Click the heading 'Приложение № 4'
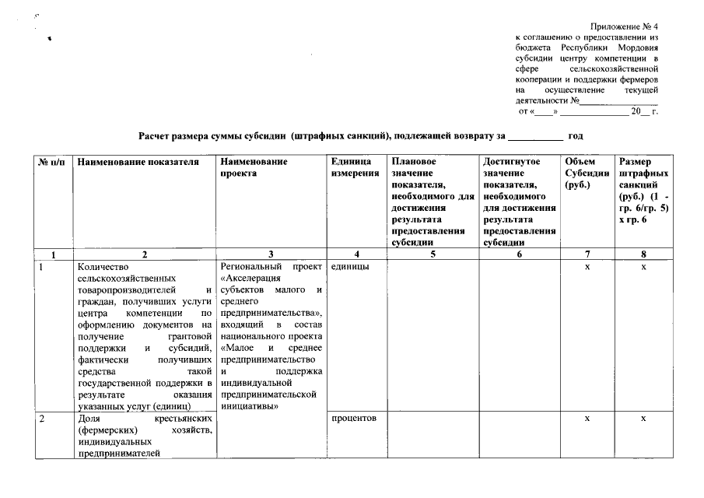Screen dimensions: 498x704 [624, 26]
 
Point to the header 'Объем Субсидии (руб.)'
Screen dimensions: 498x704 [587, 173]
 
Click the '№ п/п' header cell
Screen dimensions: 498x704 [52, 162]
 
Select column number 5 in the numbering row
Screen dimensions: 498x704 [431, 254]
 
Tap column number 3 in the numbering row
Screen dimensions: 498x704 [270, 254]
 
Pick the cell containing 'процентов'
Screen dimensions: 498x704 [354, 419]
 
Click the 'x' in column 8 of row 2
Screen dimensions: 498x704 [643, 419]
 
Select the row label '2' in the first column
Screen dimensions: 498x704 [43, 419]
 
